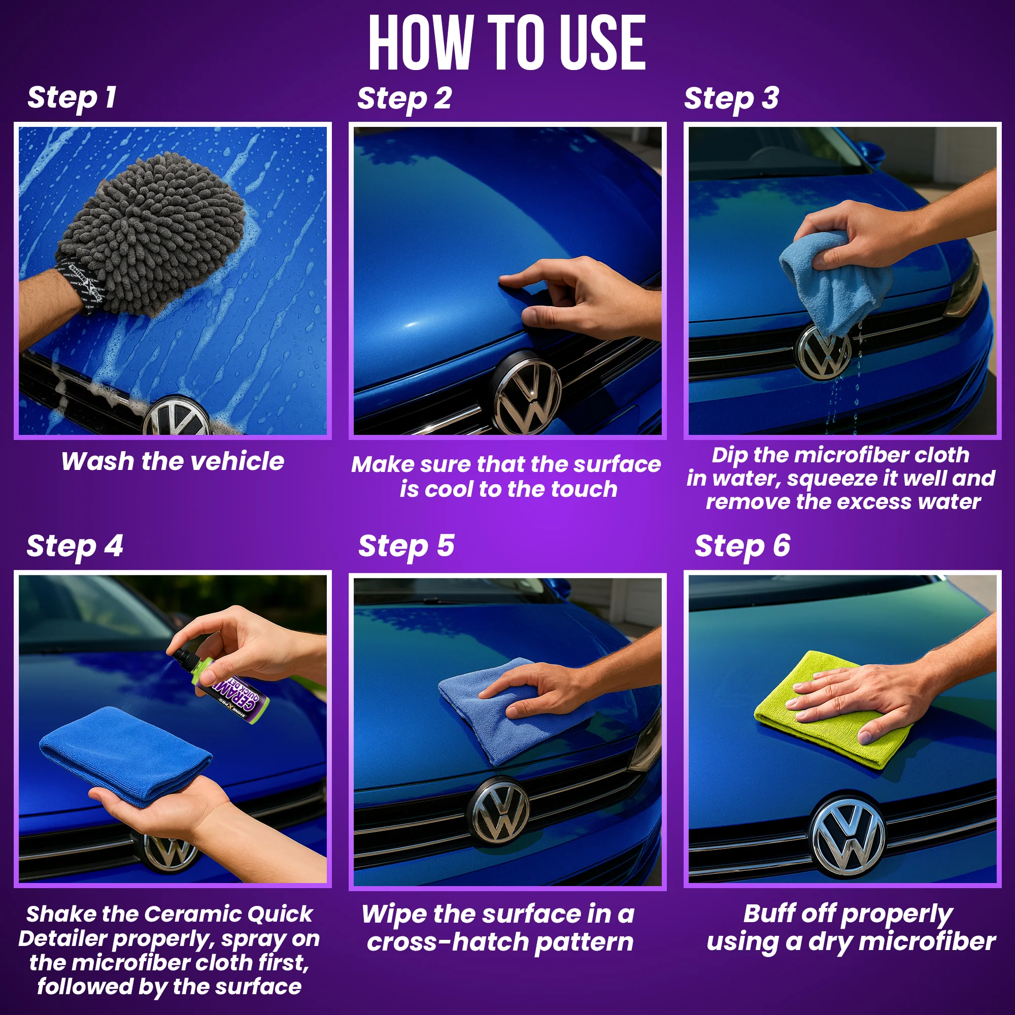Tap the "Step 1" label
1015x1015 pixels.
click(72, 98)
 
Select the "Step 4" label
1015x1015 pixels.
click(75, 547)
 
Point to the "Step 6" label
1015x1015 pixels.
click(742, 547)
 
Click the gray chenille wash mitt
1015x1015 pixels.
click(152, 234)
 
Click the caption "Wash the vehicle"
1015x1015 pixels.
click(173, 462)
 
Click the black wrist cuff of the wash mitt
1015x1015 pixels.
click(79, 284)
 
